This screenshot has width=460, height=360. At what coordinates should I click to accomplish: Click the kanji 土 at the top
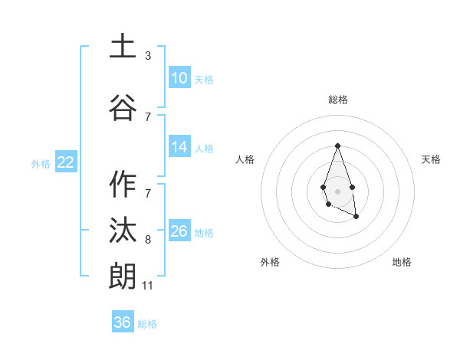tap(123, 47)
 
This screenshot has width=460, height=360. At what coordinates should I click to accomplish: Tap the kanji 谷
tap(123, 107)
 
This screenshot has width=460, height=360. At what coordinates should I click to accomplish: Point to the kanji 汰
tap(123, 231)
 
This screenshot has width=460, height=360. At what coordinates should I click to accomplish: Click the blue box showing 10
tap(179, 78)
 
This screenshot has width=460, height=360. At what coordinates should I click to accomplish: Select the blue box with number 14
tap(179, 148)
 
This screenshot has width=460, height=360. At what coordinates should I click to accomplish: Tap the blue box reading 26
tap(179, 231)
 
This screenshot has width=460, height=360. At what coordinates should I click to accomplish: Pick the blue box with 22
tap(65, 162)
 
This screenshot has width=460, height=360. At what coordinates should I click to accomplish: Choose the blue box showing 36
tap(123, 322)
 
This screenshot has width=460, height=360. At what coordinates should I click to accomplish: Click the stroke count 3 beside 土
tap(148, 56)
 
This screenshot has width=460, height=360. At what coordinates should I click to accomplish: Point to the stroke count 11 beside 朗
tap(148, 286)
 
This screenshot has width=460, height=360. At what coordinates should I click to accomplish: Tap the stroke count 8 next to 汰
tap(148, 240)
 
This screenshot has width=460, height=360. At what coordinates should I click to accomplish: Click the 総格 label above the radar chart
tap(338, 100)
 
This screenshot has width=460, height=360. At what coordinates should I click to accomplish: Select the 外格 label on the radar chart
tap(270, 262)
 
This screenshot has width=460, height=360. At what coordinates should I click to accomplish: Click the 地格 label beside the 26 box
tap(204, 232)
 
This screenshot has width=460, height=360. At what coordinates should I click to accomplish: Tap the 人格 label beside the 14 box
tap(204, 149)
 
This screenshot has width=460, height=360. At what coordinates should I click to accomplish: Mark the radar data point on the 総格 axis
tap(337, 146)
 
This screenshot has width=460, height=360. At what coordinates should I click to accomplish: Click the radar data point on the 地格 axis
tap(356, 217)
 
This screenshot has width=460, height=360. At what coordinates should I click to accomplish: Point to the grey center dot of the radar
tap(337, 190)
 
